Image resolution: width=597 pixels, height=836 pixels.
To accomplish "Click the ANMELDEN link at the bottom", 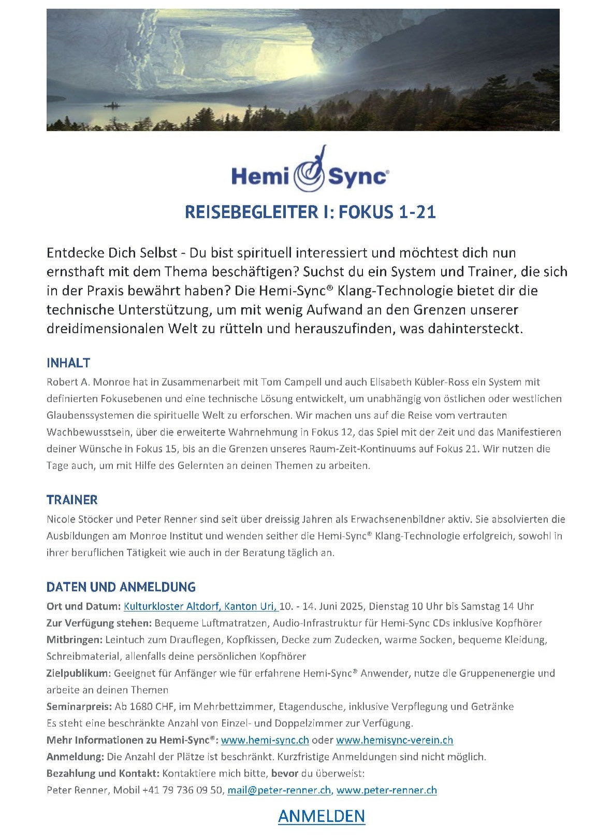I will click(x=321, y=816).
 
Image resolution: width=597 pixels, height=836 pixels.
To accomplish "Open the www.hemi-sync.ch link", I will click(x=265, y=740).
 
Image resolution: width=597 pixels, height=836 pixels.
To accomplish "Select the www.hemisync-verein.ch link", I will click(x=394, y=740).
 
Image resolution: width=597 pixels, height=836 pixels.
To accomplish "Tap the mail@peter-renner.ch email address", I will click(x=279, y=790).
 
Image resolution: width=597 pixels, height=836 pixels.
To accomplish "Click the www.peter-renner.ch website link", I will click(x=386, y=790).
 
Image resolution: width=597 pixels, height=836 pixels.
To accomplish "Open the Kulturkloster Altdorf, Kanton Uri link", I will click(x=201, y=606).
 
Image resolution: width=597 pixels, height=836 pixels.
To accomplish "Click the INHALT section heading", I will click(x=68, y=362).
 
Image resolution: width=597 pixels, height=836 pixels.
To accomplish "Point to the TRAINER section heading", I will click(x=72, y=500).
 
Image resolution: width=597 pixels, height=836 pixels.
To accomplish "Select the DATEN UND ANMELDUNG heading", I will click(x=121, y=587).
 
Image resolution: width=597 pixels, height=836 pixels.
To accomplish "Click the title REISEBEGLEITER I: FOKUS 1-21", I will click(x=310, y=212).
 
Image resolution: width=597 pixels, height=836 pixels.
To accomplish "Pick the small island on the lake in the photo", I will click(x=111, y=106).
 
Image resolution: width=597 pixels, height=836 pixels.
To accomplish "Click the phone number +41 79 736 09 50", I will click(x=183, y=790).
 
